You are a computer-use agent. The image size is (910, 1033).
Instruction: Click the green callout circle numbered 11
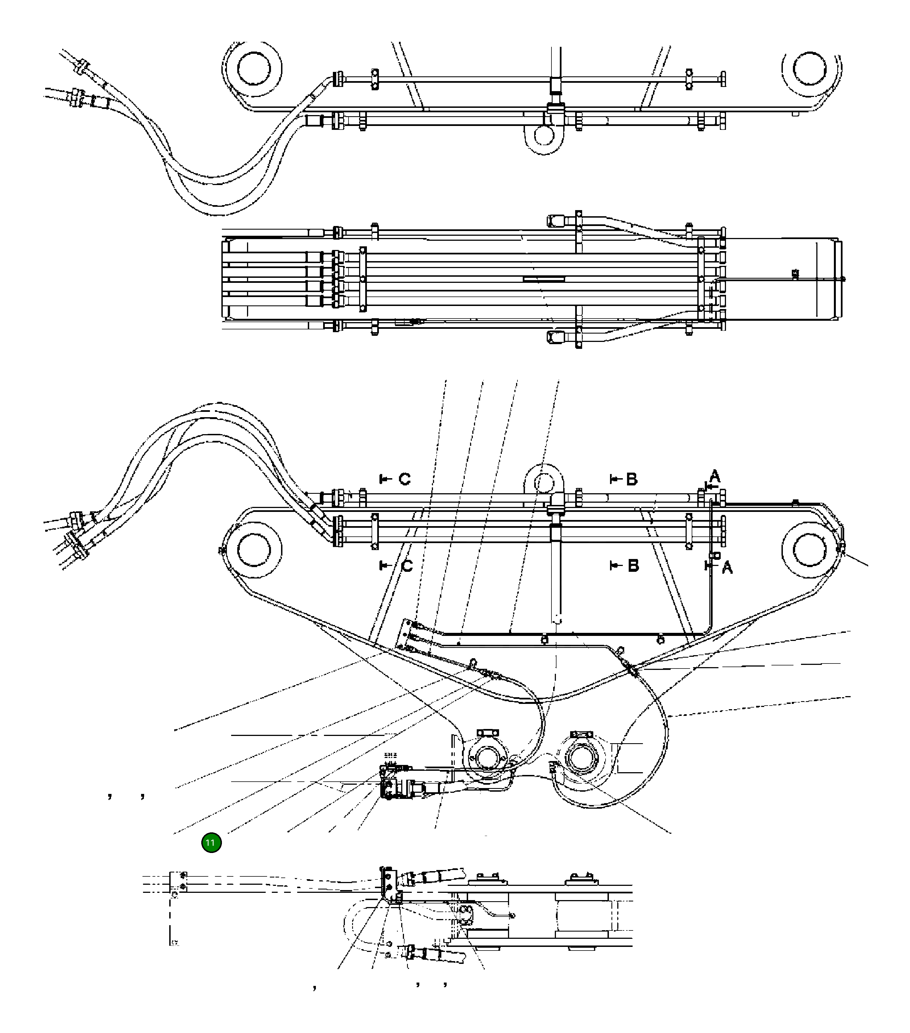pyautogui.click(x=211, y=842)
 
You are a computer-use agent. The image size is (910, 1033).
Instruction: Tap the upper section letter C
pyautogui.click(x=405, y=479)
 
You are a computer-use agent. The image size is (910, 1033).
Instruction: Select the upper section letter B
pyautogui.click(x=631, y=479)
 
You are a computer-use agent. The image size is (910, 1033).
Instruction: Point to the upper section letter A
pyautogui.click(x=714, y=476)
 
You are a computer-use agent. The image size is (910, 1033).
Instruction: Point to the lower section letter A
pyautogui.click(x=727, y=568)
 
